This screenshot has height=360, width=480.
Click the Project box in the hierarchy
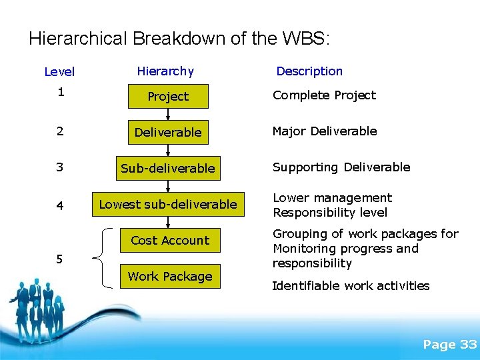coord(168,97)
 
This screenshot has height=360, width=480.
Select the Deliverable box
coord(168,133)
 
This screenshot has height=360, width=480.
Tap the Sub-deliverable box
coord(168,169)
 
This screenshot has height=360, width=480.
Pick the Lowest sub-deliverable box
coord(168,205)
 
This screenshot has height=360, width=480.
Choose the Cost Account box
coord(170,241)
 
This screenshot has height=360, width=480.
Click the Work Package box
coord(170,277)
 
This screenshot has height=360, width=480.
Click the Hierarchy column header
coord(165,71)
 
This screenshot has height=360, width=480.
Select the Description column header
coord(309,71)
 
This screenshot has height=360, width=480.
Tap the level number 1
coord(60,93)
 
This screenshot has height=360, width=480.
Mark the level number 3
coord(60,167)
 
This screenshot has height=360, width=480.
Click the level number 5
coord(60,259)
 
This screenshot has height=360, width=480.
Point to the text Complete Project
coord(324,95)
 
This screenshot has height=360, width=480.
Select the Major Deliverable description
coord(325,131)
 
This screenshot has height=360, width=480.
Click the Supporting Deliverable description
coord(341,167)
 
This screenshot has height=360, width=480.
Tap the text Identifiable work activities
coord(351,286)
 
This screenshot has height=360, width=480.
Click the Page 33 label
coord(449,344)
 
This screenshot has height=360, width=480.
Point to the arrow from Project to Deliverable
coord(168,115)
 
